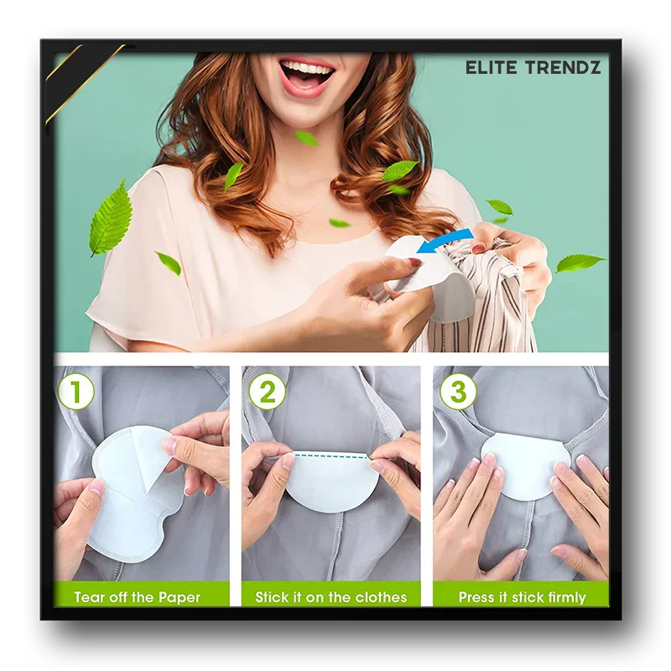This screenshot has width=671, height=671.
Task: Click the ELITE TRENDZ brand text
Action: (x=533, y=68)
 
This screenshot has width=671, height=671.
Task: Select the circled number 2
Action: (x=267, y=392)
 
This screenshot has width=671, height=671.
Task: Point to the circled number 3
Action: (x=458, y=392)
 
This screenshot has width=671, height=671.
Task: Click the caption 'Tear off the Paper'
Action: (x=137, y=597)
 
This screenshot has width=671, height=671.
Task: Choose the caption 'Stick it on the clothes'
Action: (x=331, y=597)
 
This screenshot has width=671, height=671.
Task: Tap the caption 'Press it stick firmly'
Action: (x=522, y=597)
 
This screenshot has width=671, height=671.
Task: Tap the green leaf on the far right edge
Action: (x=579, y=263)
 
